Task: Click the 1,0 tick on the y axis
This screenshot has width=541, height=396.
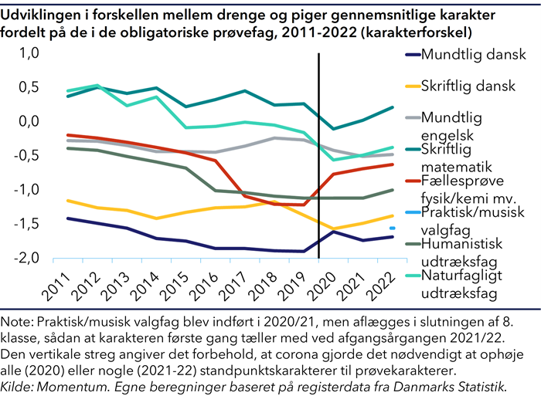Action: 28,53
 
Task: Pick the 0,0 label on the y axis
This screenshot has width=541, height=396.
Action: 28,122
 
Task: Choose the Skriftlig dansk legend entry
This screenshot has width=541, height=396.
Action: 468,86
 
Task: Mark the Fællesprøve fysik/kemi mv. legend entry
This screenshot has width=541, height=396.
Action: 462,189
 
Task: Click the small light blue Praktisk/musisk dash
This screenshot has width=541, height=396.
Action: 393,228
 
